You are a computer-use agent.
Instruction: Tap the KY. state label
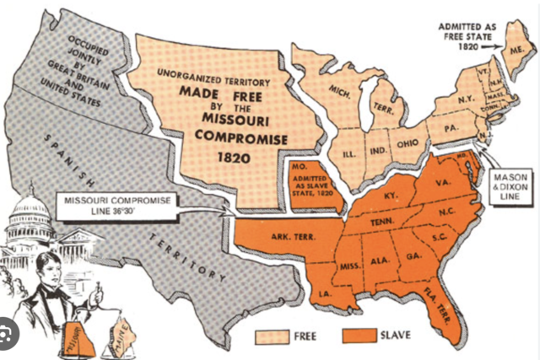[x=389, y=195]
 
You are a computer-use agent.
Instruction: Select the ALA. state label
[x=380, y=261]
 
